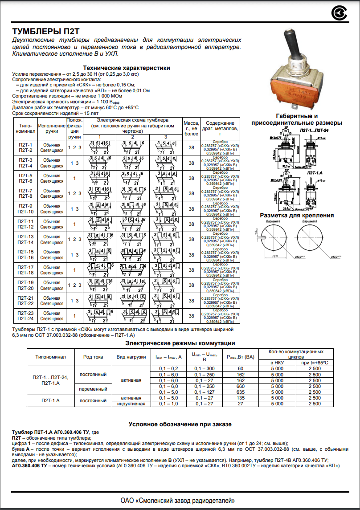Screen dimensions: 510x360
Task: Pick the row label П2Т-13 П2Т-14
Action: click(x=25, y=240)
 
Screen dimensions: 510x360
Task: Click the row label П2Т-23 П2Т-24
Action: click(x=25, y=316)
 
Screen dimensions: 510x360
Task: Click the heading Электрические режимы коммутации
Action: click(x=180, y=343)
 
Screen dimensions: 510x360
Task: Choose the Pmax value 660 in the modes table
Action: click(x=241, y=386)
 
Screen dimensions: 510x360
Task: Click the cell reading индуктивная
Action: click(x=131, y=404)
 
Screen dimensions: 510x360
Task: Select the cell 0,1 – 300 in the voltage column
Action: click(x=205, y=369)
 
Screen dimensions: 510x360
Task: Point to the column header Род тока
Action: click(x=93, y=357)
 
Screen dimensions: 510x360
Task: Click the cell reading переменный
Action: click(x=93, y=389)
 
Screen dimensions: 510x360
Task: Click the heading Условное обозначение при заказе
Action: click(x=180, y=424)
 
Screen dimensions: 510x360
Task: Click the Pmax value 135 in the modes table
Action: click(x=241, y=398)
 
